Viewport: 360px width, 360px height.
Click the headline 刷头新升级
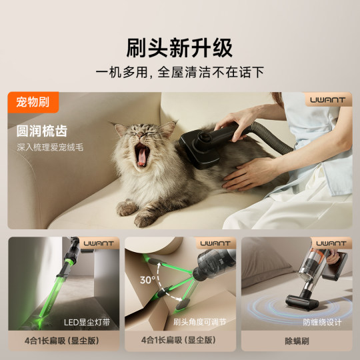180,49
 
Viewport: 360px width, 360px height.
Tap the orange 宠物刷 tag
33,103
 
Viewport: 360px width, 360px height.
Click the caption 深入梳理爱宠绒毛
51,147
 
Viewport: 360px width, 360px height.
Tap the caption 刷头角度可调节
200,322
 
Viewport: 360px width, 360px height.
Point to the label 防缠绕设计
321,322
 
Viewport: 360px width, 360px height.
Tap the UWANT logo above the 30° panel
215,243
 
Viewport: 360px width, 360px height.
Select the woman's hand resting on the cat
243,175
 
